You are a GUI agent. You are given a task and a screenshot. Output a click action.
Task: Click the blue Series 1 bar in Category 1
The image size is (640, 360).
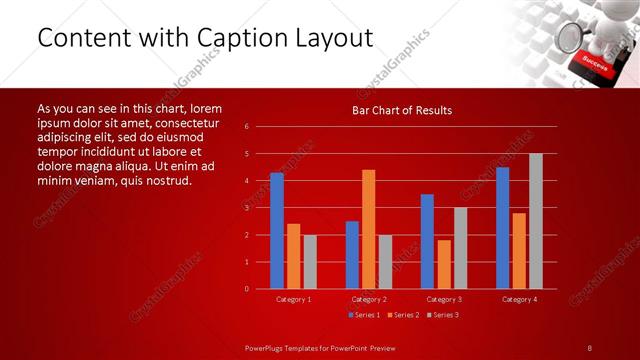[277, 231]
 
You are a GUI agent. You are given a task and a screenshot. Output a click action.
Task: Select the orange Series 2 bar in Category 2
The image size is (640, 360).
[369, 229]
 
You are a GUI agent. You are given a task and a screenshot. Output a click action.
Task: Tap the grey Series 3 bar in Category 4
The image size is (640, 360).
[536, 221]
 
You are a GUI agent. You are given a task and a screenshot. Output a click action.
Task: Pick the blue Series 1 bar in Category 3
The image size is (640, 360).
[427, 241]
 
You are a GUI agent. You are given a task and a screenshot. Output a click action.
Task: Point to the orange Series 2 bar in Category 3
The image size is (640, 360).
[444, 264]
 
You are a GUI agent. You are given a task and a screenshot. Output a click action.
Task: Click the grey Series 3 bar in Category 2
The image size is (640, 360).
[385, 261]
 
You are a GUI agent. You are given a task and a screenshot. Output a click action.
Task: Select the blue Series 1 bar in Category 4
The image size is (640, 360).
[503, 228]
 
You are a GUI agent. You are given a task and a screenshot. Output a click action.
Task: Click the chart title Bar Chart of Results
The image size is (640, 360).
[402, 110]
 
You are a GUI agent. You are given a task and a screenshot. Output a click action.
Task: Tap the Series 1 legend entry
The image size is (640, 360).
[364, 315]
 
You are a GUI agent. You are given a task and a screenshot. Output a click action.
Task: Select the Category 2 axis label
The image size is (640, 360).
[368, 299]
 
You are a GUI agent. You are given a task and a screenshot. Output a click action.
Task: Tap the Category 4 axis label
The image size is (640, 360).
[519, 299]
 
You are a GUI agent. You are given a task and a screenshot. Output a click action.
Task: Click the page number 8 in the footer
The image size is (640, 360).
[590, 347]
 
